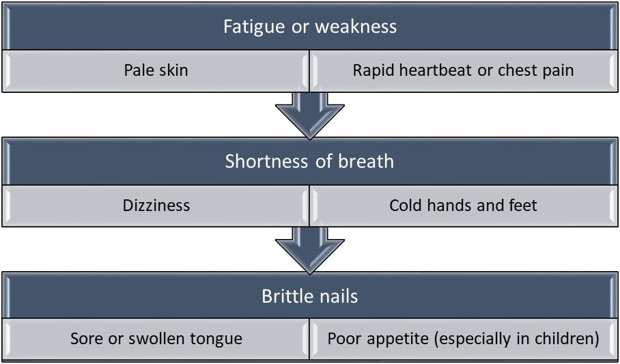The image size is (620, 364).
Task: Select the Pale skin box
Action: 156,70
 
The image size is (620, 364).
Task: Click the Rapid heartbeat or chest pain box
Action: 463,70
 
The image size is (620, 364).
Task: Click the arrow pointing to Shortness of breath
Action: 309,113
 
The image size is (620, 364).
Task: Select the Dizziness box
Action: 156,205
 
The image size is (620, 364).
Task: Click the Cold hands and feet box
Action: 463,205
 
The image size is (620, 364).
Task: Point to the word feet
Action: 522,205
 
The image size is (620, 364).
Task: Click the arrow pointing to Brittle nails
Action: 309,248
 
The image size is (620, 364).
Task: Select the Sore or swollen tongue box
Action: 156,339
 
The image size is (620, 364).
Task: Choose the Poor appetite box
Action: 463,339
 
